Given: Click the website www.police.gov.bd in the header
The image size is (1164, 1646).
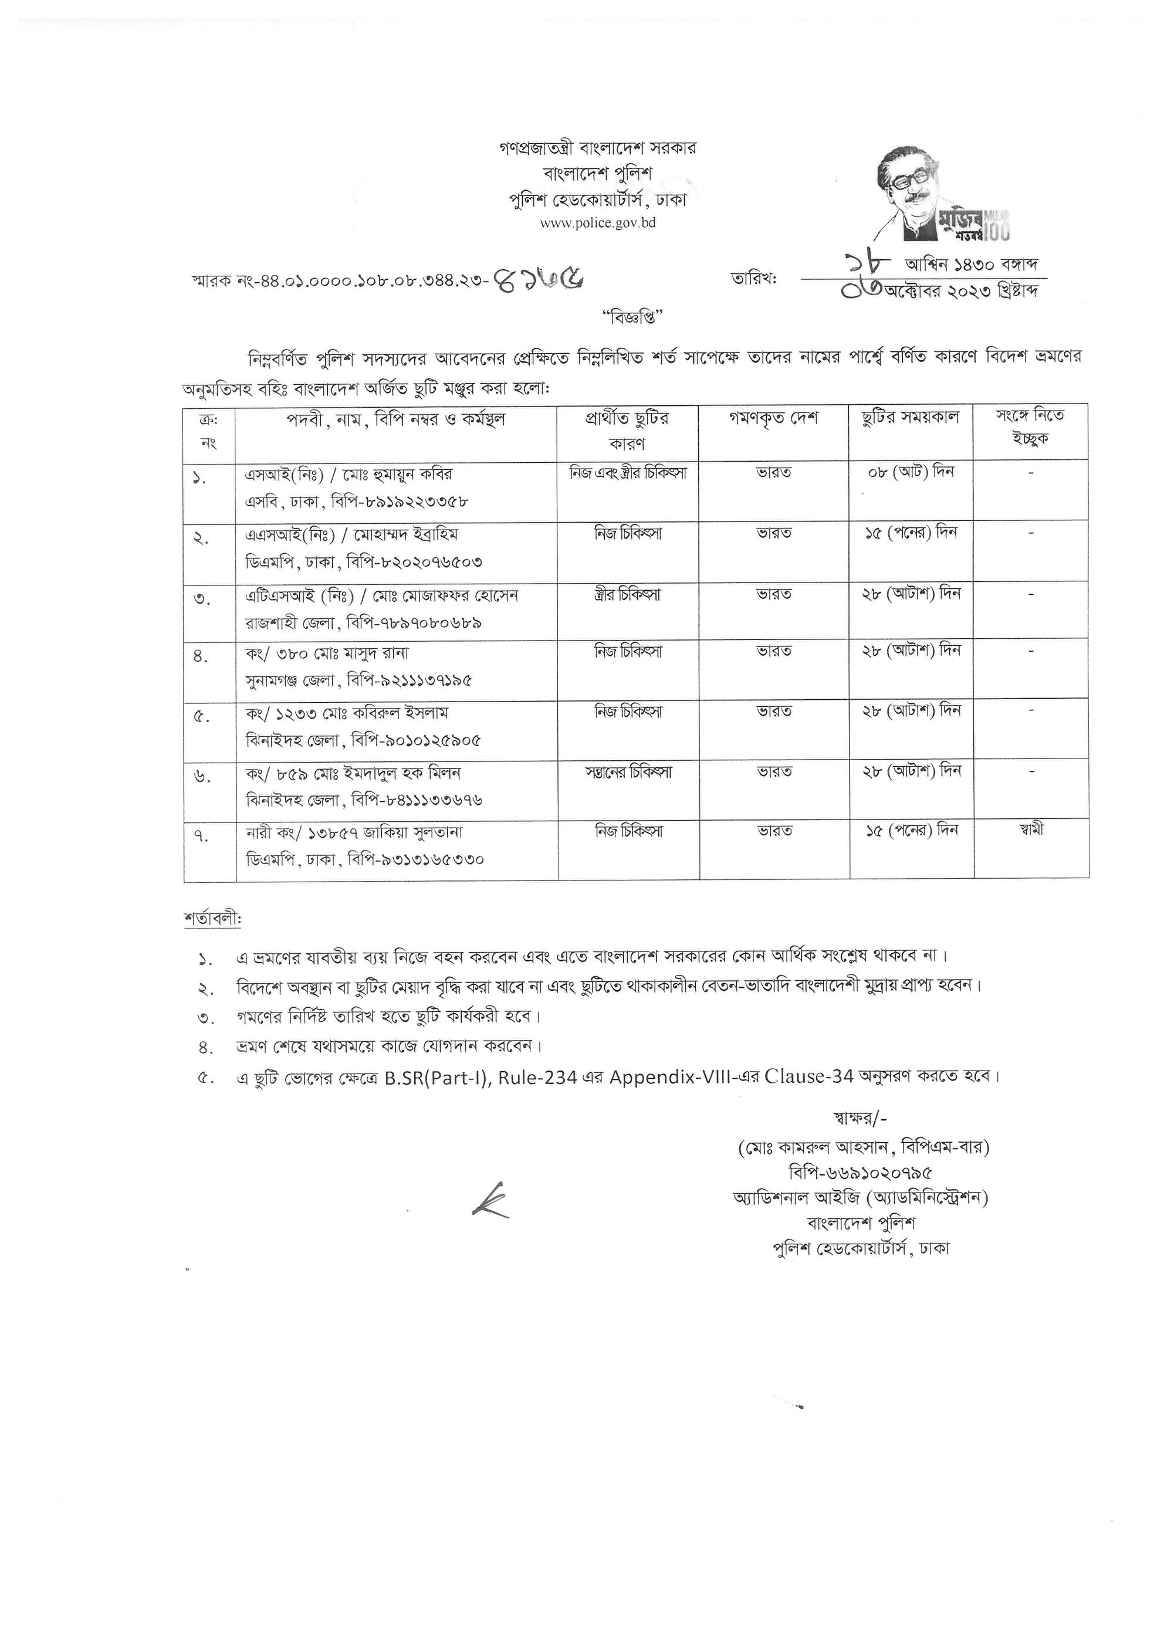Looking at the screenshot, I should pos(597,223).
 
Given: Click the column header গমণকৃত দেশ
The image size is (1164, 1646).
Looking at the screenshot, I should pos(773,418).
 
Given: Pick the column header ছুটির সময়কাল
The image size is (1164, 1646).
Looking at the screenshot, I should pos(910,418).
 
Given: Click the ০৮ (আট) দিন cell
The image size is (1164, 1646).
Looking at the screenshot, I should pos(909,472).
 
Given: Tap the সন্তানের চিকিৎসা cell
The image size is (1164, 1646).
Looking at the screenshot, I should pos(628,773).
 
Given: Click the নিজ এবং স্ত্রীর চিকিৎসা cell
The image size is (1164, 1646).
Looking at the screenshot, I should pos(628,473).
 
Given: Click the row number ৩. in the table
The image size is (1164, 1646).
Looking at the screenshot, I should pos(202,600).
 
